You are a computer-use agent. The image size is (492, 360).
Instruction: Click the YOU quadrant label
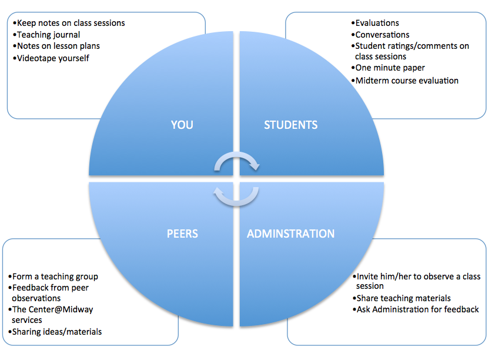coord(182,125)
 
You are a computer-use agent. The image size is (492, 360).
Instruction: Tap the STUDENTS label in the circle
coord(290,125)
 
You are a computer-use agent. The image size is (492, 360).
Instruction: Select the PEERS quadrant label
coord(182,234)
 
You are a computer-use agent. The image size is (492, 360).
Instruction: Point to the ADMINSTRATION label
coord(290,234)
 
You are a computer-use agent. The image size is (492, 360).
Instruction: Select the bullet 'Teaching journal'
coord(48,35)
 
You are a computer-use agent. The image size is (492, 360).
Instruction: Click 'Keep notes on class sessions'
coord(71,23)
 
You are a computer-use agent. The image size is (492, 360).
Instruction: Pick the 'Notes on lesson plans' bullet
coord(58,46)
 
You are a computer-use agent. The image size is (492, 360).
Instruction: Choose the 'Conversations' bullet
coord(382,35)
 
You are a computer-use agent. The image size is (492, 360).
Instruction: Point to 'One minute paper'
coord(390,68)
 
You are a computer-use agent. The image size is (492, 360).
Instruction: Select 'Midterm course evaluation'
coord(407,81)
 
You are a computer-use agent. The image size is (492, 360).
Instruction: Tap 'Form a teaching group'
coord(55,276)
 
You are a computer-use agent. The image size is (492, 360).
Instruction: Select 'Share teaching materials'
coord(403,298)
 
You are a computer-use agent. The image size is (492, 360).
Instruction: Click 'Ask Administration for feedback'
coord(417,309)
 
